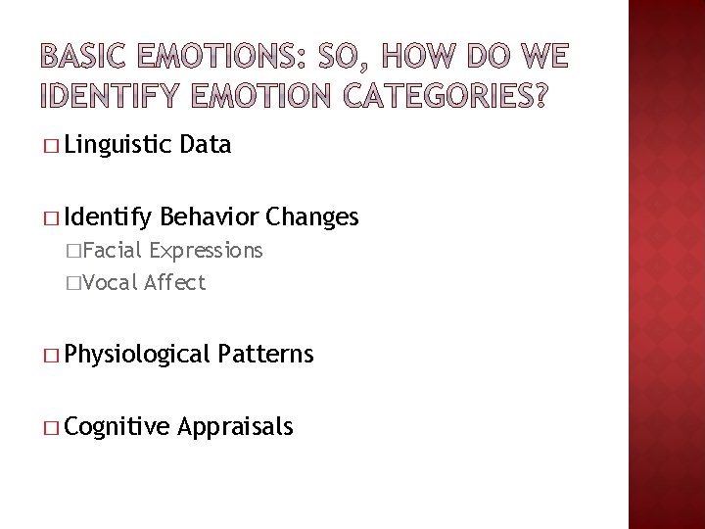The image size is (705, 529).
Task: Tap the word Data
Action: pyautogui.click(x=207, y=146)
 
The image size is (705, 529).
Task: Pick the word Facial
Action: pyautogui.click(x=115, y=251)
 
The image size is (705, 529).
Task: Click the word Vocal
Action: pyautogui.click(x=113, y=283)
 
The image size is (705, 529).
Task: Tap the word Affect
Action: pyautogui.click(x=174, y=283)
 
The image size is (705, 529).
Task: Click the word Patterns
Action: pyautogui.click(x=267, y=353)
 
